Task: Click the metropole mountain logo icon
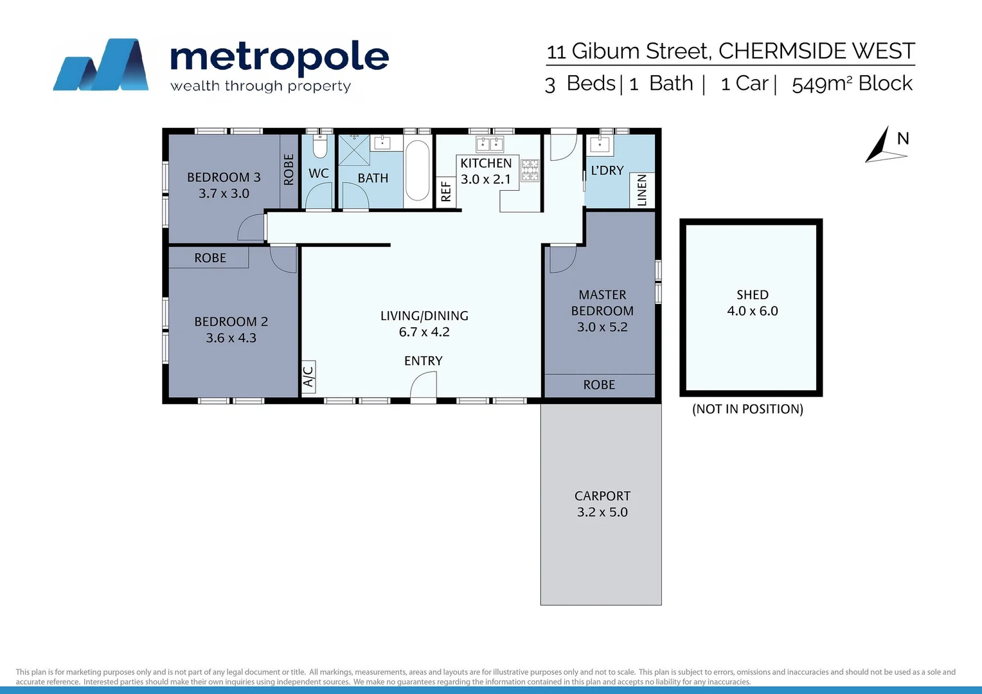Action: [x=101, y=64]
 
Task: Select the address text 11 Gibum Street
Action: [x=628, y=51]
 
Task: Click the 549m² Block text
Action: [x=852, y=84]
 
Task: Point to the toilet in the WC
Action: [x=319, y=147]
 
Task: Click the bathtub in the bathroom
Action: [x=417, y=171]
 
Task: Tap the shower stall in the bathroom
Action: [x=354, y=150]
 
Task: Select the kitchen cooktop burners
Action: [x=530, y=170]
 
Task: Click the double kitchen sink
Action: [x=490, y=143]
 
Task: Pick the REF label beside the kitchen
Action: [x=446, y=191]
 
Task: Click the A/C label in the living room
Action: [x=308, y=377]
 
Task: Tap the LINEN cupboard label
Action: [x=641, y=190]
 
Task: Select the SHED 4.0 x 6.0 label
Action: [x=752, y=303]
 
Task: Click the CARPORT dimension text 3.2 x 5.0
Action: [x=602, y=512]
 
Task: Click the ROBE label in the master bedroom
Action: [x=599, y=385]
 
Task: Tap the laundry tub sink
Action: [x=599, y=144]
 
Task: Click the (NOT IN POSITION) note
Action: [x=747, y=409]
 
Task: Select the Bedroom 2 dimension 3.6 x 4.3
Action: [x=231, y=338]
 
